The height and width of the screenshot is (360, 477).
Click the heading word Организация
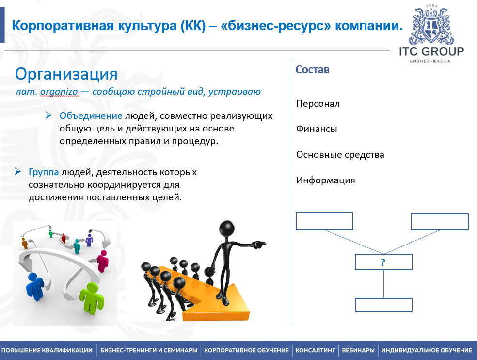(66, 74)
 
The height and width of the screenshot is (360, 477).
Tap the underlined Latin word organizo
(59, 91)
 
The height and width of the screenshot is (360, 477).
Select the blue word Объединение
(91, 116)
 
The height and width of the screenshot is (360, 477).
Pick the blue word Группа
(44, 172)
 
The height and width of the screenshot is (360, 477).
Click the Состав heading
(312, 70)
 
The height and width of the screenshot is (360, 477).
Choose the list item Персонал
(318, 104)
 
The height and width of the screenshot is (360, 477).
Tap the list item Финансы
(317, 129)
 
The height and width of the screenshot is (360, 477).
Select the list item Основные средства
(340, 154)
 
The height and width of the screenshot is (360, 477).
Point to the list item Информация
(326, 180)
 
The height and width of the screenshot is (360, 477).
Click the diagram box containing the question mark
(383, 262)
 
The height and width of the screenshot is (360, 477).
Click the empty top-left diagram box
(324, 221)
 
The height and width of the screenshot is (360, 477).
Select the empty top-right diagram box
(440, 222)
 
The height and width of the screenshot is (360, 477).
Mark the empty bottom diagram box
(383, 305)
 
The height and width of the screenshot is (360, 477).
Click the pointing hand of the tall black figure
(259, 244)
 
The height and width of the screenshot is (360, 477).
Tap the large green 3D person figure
(92, 297)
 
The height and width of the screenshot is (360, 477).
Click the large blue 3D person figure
(35, 287)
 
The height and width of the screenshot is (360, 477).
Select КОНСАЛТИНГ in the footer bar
(315, 350)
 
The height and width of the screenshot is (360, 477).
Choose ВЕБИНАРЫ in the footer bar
(358, 350)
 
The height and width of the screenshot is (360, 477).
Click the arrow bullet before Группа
(17, 171)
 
